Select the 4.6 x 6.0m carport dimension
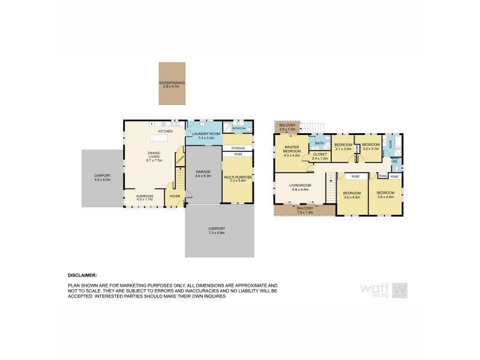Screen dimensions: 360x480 point(103,178)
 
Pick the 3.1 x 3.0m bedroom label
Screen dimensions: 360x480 point(343,147)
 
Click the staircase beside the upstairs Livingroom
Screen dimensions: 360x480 point(329,180)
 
